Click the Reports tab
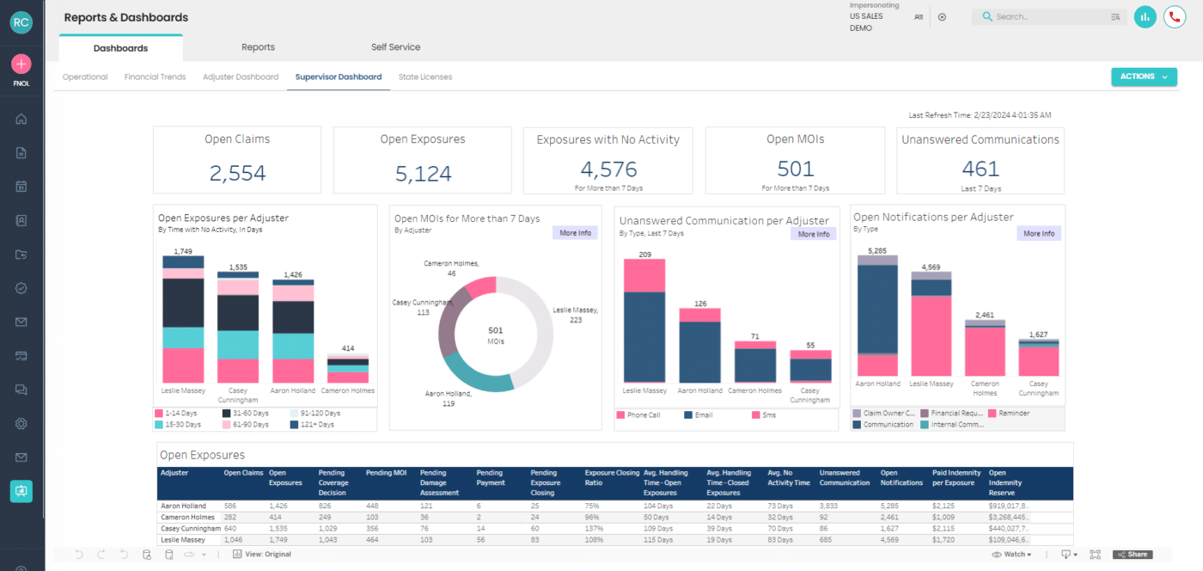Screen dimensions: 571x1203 coord(258,47)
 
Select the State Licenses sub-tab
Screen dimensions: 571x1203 coord(424,77)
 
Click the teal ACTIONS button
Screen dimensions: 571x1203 coord(1143,77)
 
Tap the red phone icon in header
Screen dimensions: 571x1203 coord(1174,16)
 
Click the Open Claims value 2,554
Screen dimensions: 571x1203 coord(237,173)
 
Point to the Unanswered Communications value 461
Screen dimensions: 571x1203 coord(980,169)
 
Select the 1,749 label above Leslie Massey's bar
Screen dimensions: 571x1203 coord(183,251)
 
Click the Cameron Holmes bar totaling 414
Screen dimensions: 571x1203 coord(348,369)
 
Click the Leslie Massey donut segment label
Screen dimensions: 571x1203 coord(575,315)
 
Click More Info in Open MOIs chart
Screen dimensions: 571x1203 coord(575,233)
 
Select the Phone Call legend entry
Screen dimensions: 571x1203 coord(643,415)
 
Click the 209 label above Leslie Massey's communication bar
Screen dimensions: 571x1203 coord(644,255)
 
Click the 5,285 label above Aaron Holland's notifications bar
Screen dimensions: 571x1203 coord(876,251)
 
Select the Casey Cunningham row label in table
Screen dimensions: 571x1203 coord(189,528)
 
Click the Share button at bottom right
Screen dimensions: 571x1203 coord(1132,555)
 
